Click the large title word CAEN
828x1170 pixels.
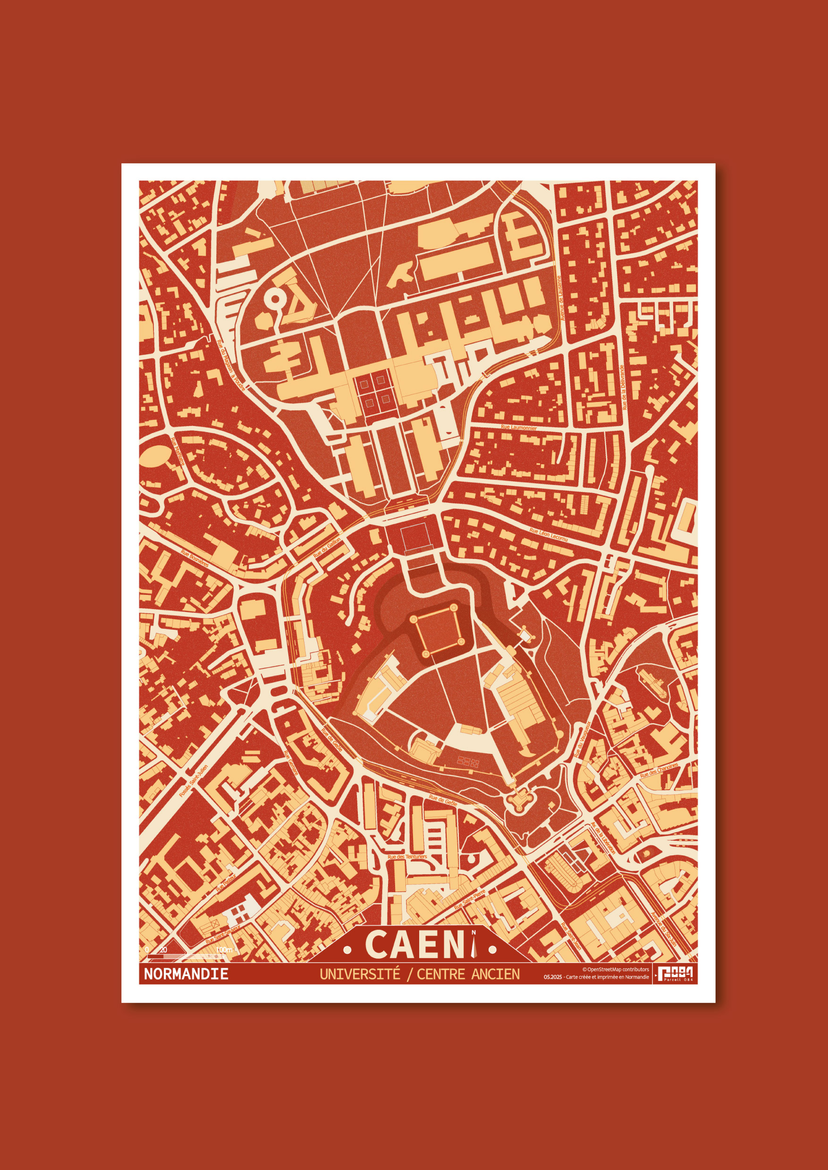415,944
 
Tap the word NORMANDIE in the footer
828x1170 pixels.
186,974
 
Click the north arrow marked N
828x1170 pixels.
474,944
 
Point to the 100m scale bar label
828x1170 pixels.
224,950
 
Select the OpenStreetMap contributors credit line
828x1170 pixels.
616,969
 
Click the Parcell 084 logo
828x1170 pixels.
675,973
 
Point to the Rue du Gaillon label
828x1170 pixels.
327,548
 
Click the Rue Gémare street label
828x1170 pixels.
291,763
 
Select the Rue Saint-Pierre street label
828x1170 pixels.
470,899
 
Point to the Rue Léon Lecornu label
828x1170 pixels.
548,535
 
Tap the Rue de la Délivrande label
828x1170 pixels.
623,387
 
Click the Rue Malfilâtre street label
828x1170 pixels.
177,451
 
